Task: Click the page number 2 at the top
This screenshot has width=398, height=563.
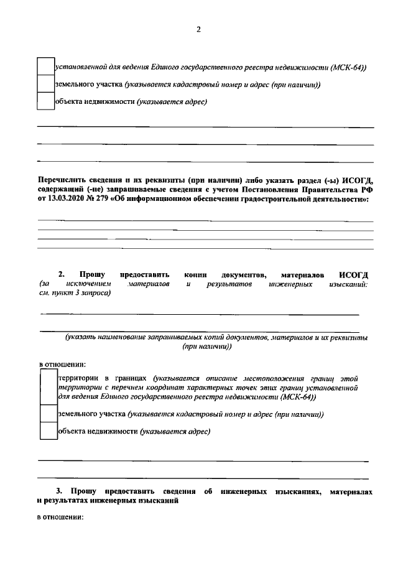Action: point(198,29)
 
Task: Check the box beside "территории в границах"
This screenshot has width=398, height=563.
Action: point(48,386)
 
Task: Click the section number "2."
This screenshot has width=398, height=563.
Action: point(62,274)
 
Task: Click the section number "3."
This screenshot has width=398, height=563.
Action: point(61,492)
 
